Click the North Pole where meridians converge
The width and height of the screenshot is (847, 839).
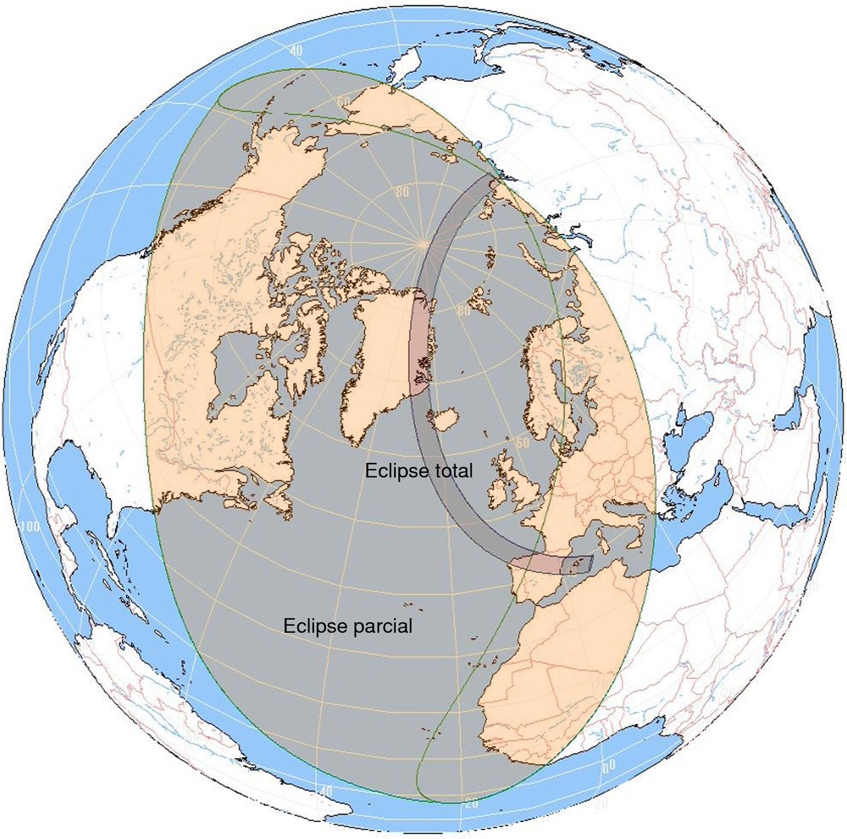pyautogui.click(x=422, y=244)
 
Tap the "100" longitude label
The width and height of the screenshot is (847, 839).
pyautogui.click(x=30, y=527)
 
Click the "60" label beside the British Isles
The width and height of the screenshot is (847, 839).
pyautogui.click(x=522, y=442)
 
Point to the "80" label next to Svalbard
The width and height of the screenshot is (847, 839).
pyautogui.click(x=464, y=310)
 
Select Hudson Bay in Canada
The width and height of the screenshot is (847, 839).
pyautogui.click(x=236, y=367)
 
